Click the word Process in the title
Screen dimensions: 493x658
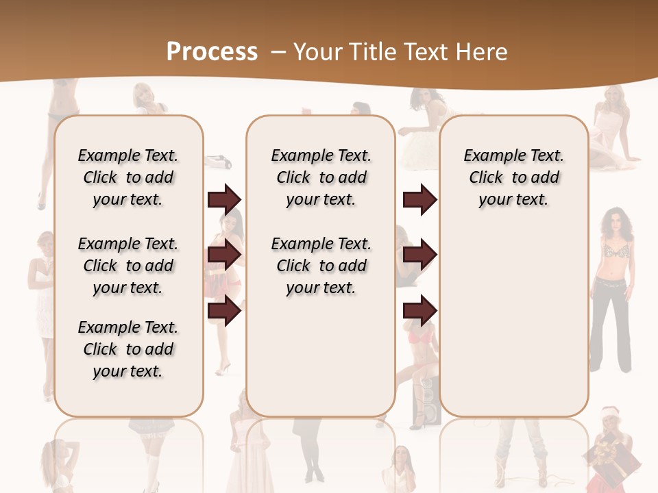[212, 52]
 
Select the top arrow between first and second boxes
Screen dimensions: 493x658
[224, 200]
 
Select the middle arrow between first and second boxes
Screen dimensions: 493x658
[224, 255]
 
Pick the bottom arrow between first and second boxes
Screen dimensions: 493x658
[224, 312]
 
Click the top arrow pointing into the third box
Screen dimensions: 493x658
[419, 200]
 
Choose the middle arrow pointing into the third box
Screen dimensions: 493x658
[419, 255]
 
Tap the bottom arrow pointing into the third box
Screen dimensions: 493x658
[419, 312]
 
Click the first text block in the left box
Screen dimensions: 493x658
[128, 177]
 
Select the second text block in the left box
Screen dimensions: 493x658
[128, 266]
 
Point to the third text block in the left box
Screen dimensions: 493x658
[128, 349]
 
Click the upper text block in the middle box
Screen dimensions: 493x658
[321, 177]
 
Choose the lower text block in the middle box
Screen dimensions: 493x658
[321, 266]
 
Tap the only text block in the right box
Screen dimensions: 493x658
[514, 177]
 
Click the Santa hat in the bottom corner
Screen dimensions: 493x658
[609, 415]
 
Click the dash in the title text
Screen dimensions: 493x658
[278, 52]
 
